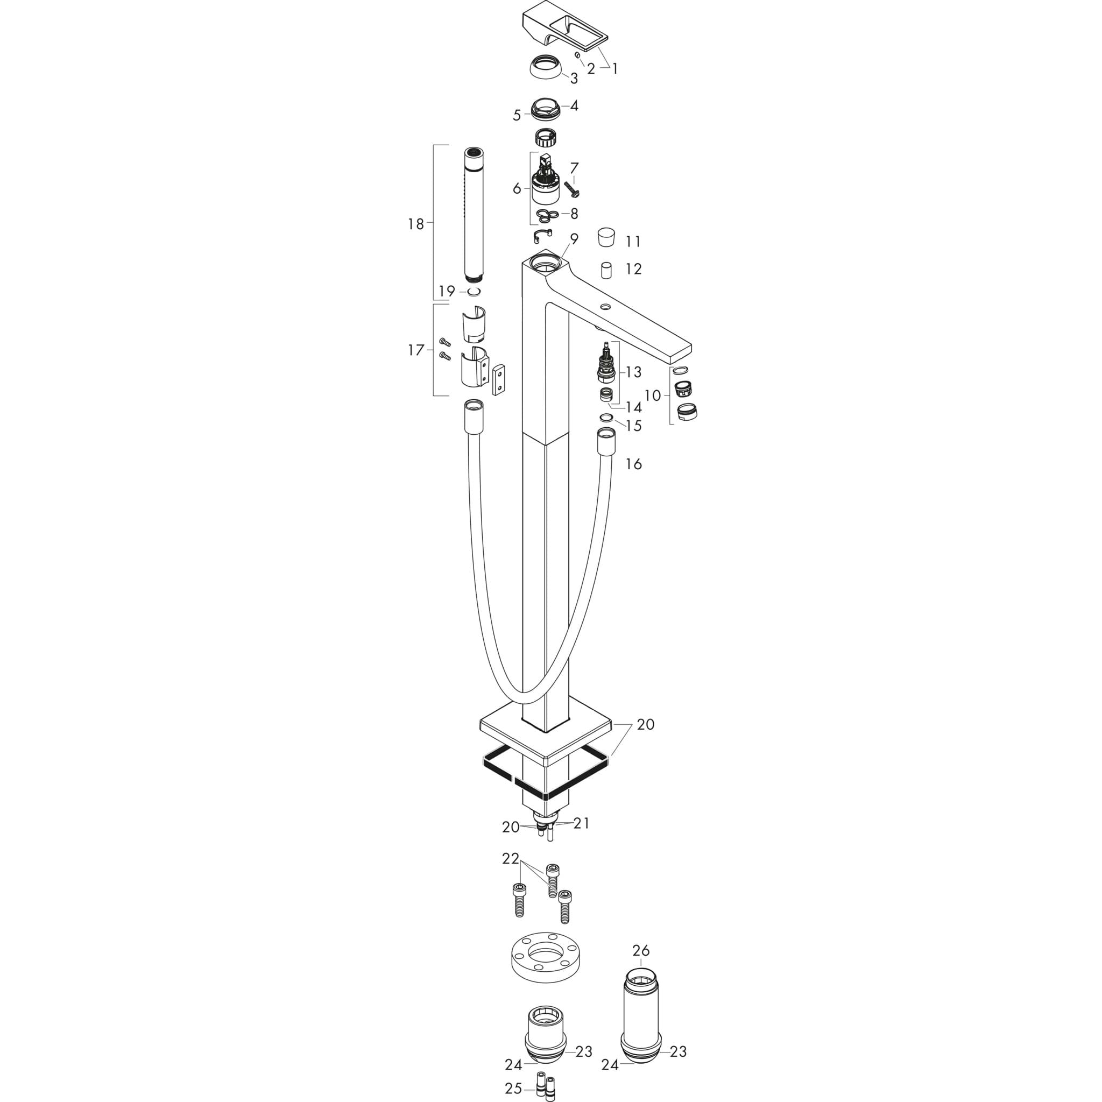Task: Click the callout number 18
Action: [416, 224]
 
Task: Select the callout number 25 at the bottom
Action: [513, 1089]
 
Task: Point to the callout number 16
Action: [634, 464]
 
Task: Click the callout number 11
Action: [633, 242]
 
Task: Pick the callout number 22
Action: [511, 874]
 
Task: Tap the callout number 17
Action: [416, 350]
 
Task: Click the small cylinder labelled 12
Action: [606, 270]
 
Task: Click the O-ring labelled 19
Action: [474, 292]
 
